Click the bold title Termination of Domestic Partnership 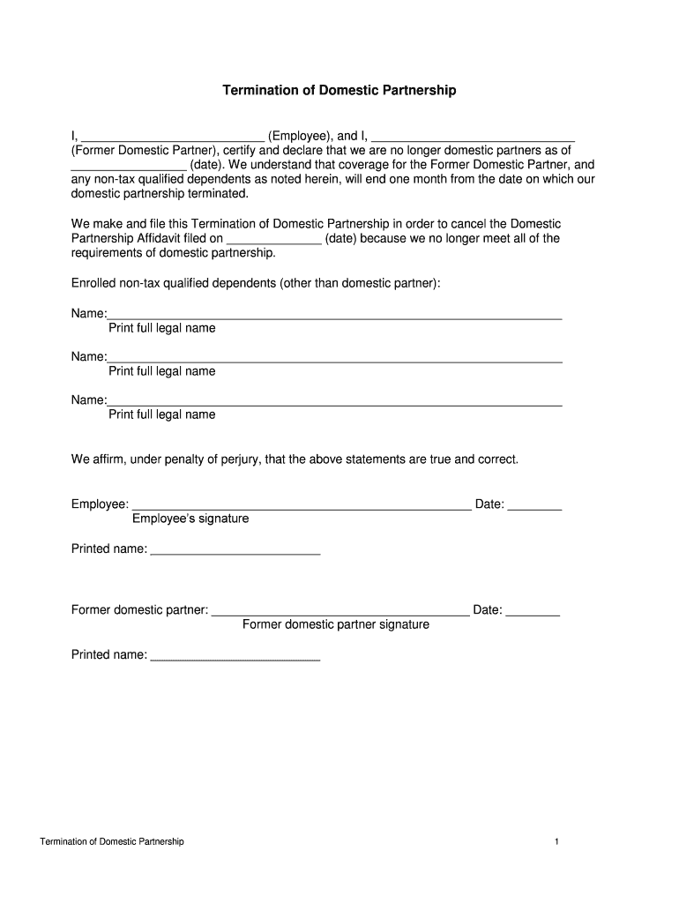point(339,91)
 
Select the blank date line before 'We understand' point(129,167)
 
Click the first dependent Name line point(335,316)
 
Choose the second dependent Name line point(335,359)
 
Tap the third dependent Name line point(335,402)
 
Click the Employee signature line point(301,507)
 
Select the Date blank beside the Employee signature point(535,507)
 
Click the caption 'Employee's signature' point(190,519)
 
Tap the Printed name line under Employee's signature point(235,552)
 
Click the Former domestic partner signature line point(341,612)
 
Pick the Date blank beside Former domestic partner point(533,612)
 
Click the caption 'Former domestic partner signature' point(336,624)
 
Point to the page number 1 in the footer point(557,842)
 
